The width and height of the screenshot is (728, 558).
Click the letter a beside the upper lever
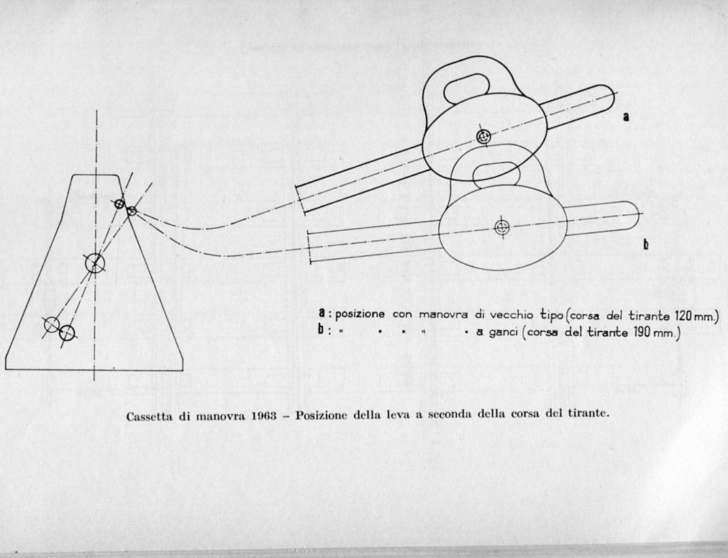coord(626,116)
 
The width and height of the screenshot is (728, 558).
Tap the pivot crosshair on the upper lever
coord(484,136)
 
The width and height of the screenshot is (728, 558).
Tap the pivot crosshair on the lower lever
coord(502,228)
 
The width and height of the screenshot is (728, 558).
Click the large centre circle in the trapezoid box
coord(95,263)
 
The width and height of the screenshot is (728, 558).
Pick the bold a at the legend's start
coord(322,314)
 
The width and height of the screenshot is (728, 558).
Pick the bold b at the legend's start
coord(322,332)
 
